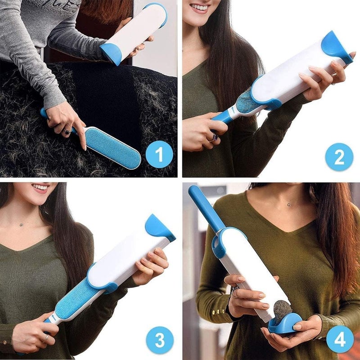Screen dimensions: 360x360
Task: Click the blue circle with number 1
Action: pos(159,154)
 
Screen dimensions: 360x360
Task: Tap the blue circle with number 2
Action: pos(339,157)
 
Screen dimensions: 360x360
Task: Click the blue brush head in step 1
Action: pos(112,146)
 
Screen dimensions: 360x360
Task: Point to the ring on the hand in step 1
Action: pos(66,131)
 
